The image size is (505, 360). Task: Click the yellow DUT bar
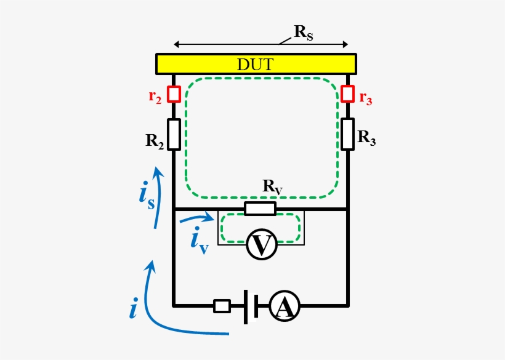[x=256, y=64]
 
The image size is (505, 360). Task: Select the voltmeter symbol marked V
[x=262, y=244]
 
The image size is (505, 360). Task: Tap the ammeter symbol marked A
[x=285, y=306]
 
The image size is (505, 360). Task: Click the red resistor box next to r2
[x=174, y=94]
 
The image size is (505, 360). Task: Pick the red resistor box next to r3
[x=348, y=94]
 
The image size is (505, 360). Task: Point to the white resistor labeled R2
[x=174, y=134]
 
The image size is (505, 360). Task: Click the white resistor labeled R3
[x=348, y=134]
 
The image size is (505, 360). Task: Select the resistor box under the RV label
[x=261, y=209]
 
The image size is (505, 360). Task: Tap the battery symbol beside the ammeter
[x=251, y=306]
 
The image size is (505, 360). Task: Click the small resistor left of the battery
[x=222, y=306]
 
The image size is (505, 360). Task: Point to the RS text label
[x=304, y=33]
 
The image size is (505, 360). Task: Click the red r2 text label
[x=155, y=97]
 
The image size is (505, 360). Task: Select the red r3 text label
[x=366, y=98]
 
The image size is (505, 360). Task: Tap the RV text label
[x=273, y=187]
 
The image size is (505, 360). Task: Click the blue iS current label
[x=147, y=196]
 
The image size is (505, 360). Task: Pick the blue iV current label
[x=200, y=241]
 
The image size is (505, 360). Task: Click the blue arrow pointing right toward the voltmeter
[x=197, y=218]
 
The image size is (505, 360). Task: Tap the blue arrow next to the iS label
[x=158, y=198]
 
